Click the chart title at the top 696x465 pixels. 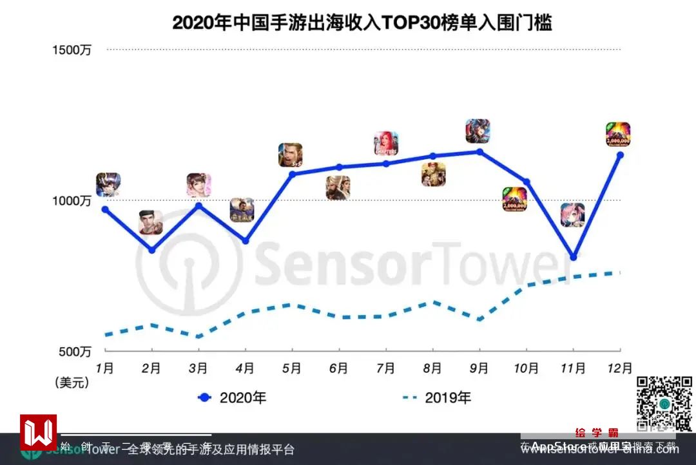362,23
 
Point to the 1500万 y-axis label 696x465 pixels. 72,50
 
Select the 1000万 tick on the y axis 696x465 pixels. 72,201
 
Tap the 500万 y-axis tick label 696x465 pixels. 75,352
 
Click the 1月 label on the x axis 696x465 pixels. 105,368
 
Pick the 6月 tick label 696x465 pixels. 338,368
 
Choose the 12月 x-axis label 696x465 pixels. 619,368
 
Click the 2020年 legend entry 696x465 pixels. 232,398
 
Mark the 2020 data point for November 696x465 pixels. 573,257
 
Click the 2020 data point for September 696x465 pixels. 479,151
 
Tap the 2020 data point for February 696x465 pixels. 151,250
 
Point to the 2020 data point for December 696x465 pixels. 620,155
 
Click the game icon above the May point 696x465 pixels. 291,155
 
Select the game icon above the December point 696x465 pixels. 618,135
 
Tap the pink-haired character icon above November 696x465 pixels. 572,215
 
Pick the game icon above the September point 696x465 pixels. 478,131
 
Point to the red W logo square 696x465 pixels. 39,432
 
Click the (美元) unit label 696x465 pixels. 71,383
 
